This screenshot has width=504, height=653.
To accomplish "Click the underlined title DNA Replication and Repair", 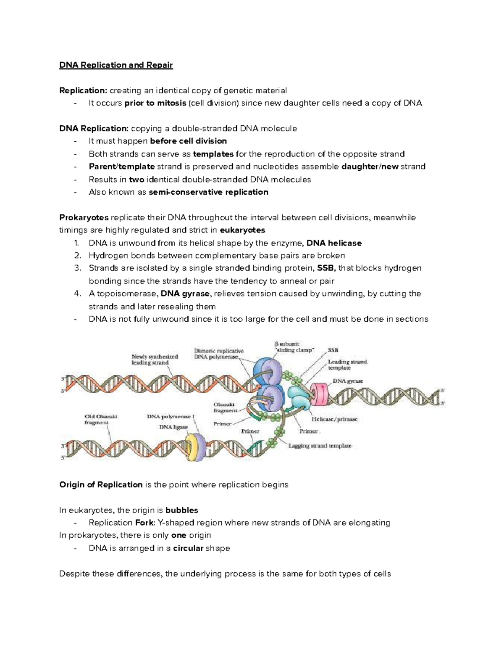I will tap(116, 65).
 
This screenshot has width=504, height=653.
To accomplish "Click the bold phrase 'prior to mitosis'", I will tap(155, 103).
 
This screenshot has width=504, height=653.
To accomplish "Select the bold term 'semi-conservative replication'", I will tap(208, 192).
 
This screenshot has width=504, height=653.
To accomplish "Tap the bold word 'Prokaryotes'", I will tap(84, 217).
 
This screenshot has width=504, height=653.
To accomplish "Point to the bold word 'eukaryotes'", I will tap(242, 230).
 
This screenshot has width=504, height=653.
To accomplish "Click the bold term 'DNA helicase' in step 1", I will tap(334, 243).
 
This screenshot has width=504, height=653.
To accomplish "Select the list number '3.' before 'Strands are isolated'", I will tap(77, 268).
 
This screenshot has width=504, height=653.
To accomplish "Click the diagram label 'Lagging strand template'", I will tap(320, 446).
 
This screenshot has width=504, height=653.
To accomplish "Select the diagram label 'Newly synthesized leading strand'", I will tap(155, 360).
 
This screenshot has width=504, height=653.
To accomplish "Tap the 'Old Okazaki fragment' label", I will tap(100, 419).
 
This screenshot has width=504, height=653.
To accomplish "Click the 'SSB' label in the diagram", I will tap(333, 350).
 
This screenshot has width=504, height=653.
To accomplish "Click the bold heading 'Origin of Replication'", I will tap(101, 485).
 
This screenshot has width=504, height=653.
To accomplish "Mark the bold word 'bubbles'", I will tap(181, 510).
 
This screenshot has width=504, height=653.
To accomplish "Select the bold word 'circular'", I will tap(188, 548).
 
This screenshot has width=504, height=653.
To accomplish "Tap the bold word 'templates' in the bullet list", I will tap(213, 154).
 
